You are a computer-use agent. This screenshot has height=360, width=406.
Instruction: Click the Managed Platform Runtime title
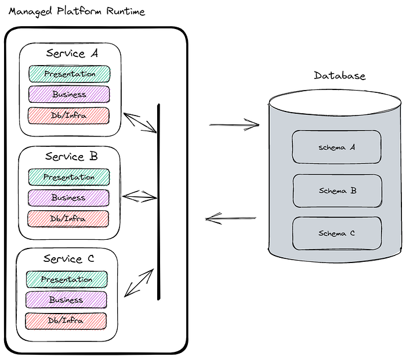tap(77, 12)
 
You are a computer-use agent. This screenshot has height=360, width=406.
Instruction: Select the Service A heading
tap(72, 53)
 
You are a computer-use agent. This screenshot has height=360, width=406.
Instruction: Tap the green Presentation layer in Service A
tap(70, 74)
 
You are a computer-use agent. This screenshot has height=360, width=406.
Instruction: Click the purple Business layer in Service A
tap(69, 94)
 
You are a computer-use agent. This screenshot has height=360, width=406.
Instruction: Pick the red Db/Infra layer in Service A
tap(68, 116)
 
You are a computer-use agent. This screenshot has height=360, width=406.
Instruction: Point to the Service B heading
tap(71, 156)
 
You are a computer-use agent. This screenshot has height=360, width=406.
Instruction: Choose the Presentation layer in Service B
tap(69, 177)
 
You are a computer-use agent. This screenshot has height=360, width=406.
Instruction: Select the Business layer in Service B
tap(68, 198)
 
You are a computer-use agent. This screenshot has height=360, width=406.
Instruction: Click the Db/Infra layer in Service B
tap(68, 219)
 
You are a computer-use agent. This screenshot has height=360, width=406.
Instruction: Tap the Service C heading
tap(69, 258)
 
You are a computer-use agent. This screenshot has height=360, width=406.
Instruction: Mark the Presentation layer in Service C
tap(67, 279)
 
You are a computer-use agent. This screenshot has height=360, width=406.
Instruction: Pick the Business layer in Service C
tap(66, 300)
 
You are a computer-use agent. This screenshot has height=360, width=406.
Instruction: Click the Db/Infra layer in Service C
tap(66, 321)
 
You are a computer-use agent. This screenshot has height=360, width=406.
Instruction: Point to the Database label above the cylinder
tap(340, 75)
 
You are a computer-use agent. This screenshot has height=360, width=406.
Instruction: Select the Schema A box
tap(336, 147)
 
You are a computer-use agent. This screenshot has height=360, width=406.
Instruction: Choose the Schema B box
tap(338, 191)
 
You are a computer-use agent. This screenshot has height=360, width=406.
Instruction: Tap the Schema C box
tap(337, 233)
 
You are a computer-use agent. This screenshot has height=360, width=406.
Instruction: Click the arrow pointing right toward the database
tap(234, 125)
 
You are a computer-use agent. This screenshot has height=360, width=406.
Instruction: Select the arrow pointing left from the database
tap(231, 218)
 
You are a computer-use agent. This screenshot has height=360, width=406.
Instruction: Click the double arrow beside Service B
tap(140, 197)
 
